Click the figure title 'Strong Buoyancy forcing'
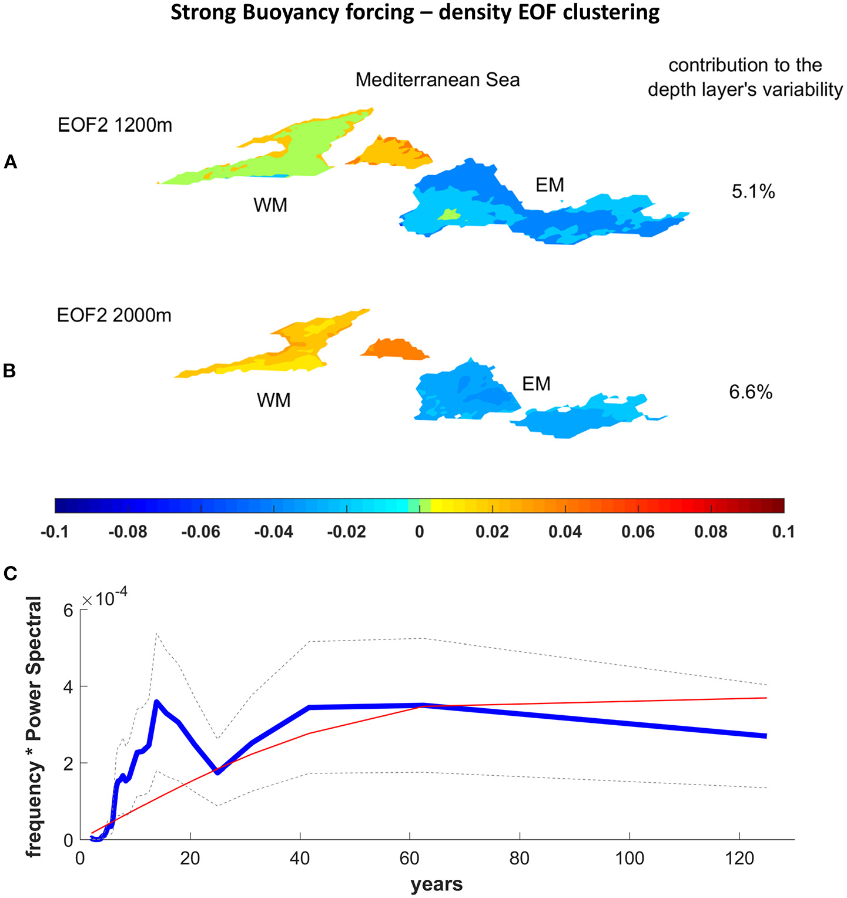click(415, 12)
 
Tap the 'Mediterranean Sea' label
click(437, 79)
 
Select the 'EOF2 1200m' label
click(115, 125)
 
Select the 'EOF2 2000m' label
click(114, 315)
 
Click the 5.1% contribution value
click(753, 192)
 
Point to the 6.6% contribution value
click(751, 392)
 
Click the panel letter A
click(10, 162)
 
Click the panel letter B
click(9, 371)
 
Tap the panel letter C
click(10, 573)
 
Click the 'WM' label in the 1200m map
click(270, 205)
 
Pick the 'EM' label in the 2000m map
click(536, 384)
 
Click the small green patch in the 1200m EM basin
click(449, 215)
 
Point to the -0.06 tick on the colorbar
click(200, 532)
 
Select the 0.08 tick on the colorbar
click(711, 532)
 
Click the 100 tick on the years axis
click(630, 859)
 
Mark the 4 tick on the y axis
click(68, 686)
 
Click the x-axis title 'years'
click(437, 884)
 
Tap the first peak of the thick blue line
click(156, 701)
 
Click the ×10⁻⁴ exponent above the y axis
click(105, 599)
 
